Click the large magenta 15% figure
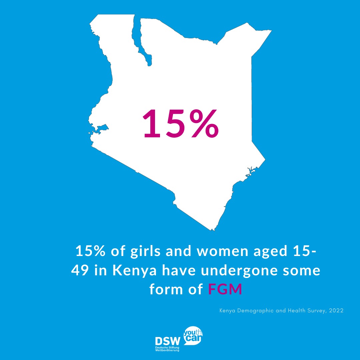pyautogui.click(x=181, y=124)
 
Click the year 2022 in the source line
pyautogui.click(x=335, y=311)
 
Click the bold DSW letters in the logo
pyautogui.click(x=168, y=341)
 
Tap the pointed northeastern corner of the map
pyautogui.click(x=271, y=31)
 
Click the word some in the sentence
pyautogui.click(x=303, y=271)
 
